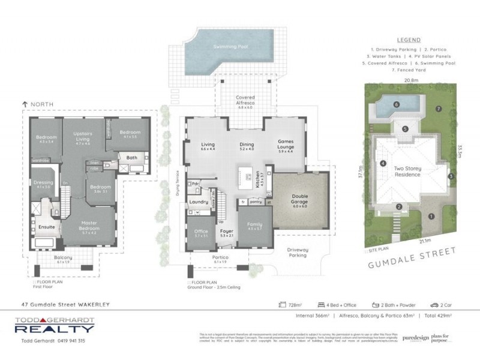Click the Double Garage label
pyautogui.click(x=300, y=198)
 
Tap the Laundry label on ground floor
pyautogui.click(x=199, y=202)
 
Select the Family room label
pyautogui.click(x=255, y=226)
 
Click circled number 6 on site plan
pyautogui.click(x=396, y=104)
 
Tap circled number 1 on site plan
pyautogui.click(x=430, y=215)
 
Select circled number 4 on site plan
pyautogui.click(x=382, y=163)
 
